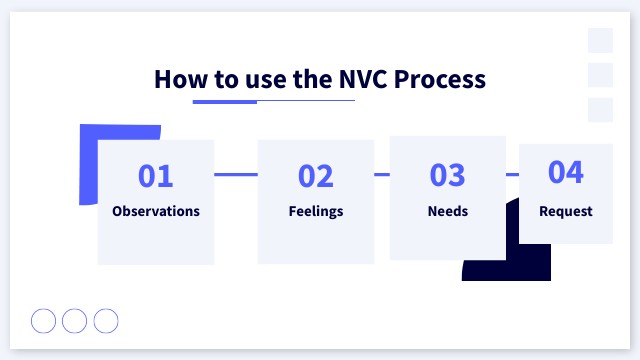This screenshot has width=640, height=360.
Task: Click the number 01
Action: tap(156, 176)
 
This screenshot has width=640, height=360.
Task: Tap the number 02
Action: tap(316, 176)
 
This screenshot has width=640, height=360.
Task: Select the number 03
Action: tap(448, 175)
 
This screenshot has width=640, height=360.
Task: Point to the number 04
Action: tap(566, 172)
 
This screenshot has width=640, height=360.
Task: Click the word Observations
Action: tap(156, 211)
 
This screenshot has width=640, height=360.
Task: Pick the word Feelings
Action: tap(316, 211)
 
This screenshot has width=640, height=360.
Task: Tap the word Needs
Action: tap(448, 211)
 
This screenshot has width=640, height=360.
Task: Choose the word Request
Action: tap(566, 211)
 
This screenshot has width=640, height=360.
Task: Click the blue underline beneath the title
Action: tap(225, 101)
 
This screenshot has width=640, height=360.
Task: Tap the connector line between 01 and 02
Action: tap(236, 174)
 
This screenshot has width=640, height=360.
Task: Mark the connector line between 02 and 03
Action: tap(382, 174)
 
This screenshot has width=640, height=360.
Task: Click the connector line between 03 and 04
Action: tap(512, 174)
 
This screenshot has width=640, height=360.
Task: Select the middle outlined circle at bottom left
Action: tap(75, 320)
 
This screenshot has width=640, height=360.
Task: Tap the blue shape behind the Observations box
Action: tap(88, 165)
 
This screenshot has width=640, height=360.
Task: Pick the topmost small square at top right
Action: tap(600, 40)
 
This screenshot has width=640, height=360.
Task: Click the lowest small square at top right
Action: tap(600, 110)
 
